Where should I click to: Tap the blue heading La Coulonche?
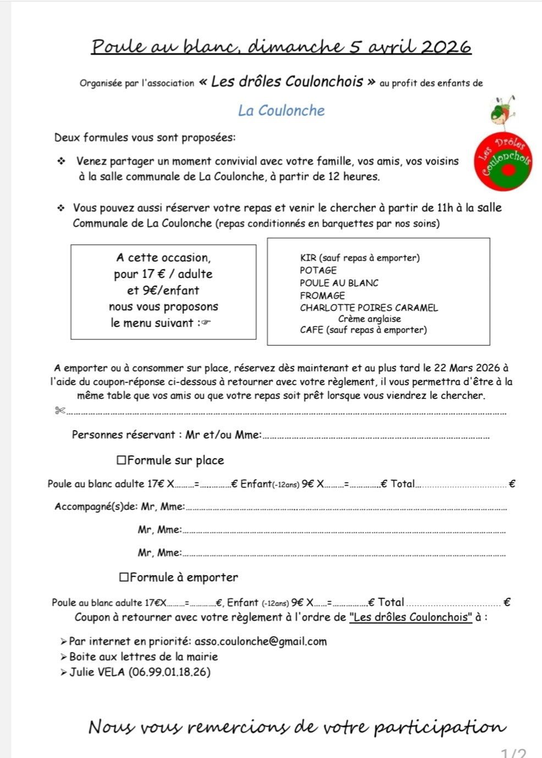281,110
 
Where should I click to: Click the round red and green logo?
503,159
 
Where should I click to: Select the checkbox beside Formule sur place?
121,460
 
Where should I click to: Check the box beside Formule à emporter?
124,577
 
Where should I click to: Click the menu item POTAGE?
318,270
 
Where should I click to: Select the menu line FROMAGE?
323,296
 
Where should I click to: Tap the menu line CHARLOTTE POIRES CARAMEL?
369,308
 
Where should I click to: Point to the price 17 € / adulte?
163,274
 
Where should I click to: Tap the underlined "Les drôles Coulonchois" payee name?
411,617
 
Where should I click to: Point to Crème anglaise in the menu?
369,319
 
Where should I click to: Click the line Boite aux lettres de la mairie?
143,656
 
